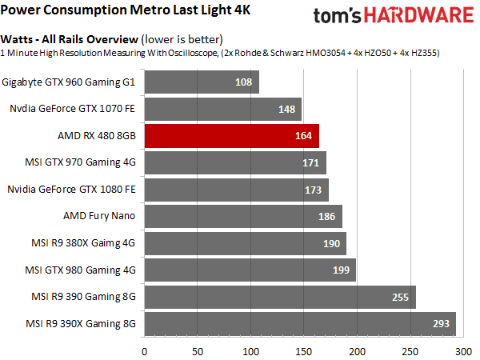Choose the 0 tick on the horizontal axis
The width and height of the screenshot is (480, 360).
click(144, 350)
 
